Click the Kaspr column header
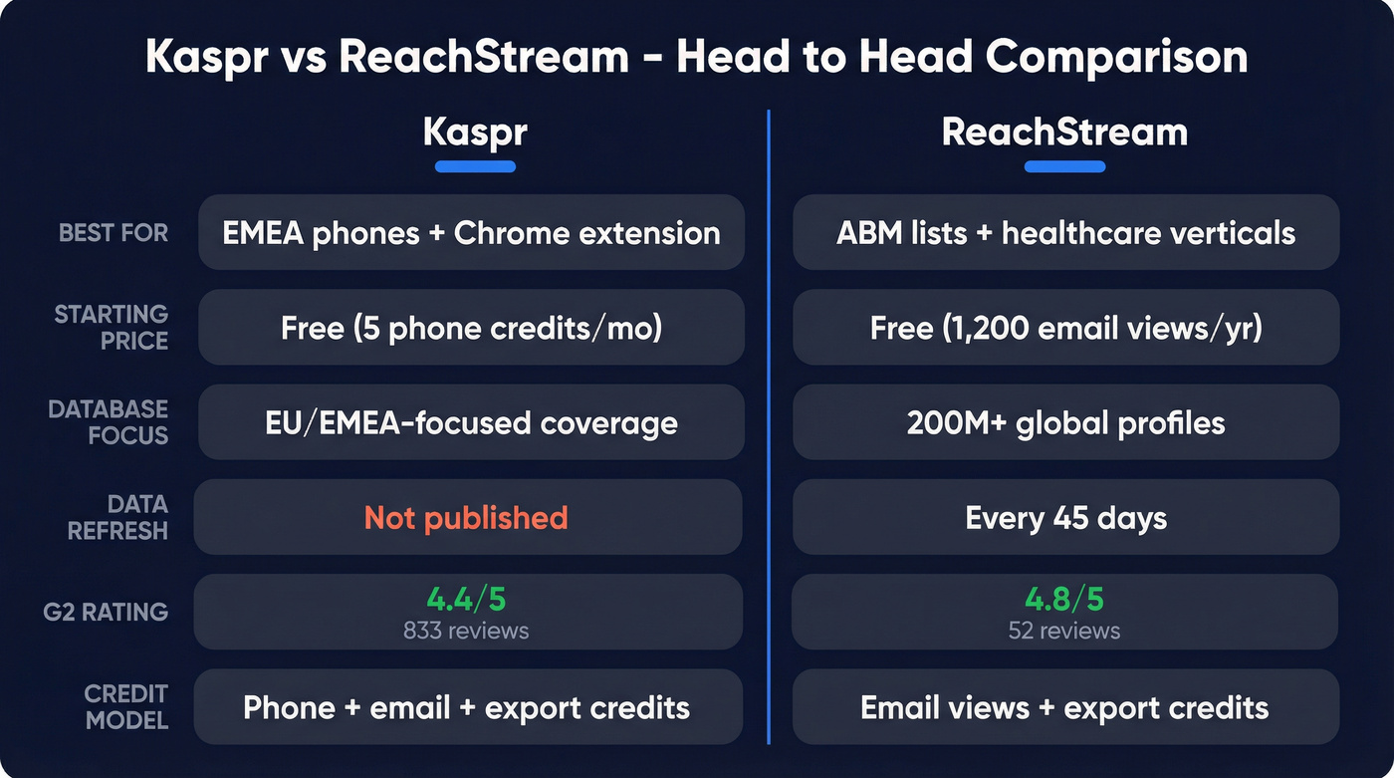[x=474, y=132]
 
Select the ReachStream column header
[x=1064, y=132]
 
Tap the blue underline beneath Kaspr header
[x=475, y=166]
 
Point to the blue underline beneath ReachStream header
[x=1064, y=166]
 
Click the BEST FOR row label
[x=114, y=233]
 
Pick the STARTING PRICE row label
[x=111, y=327]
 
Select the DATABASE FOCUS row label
[x=108, y=422]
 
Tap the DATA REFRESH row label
[x=117, y=517]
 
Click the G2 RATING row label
[x=106, y=612]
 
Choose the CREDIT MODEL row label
[x=125, y=706]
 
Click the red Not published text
[x=466, y=518]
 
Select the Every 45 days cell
[x=1065, y=518]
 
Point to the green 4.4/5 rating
[x=466, y=600]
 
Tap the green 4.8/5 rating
[x=1064, y=600]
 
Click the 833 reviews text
[x=466, y=631]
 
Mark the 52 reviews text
[x=1064, y=631]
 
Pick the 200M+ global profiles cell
[x=1065, y=422]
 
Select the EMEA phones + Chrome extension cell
[x=471, y=233]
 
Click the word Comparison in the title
[x=1116, y=58]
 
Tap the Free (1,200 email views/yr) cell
[x=1065, y=328]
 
